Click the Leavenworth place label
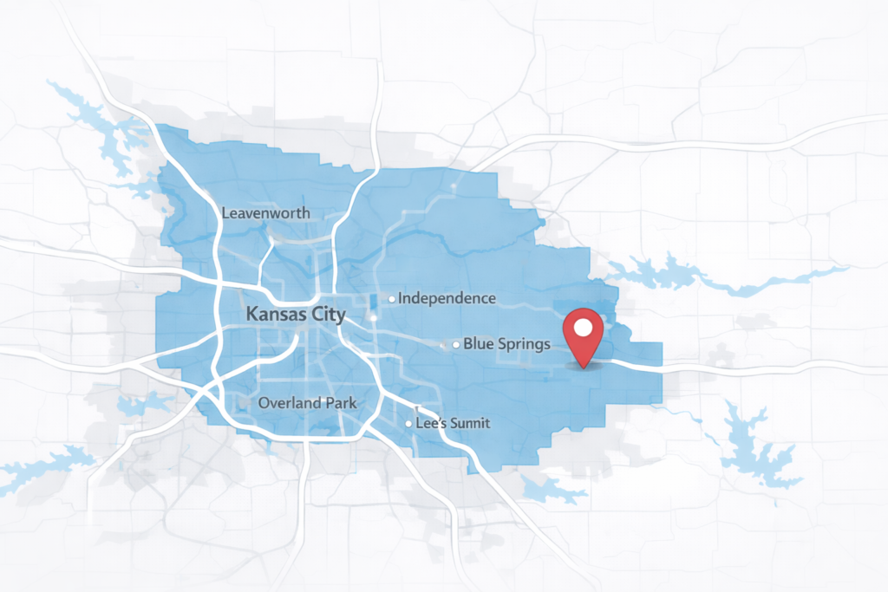click(265, 212)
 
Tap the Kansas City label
click(296, 315)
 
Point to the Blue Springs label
click(506, 344)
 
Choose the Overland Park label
click(307, 403)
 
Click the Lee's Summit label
click(453, 423)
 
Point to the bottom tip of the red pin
click(584, 366)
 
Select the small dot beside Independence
click(392, 298)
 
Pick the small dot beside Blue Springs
click(456, 345)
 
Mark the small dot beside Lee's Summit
click(408, 424)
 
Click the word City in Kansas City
click(327, 315)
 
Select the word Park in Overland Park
click(339, 403)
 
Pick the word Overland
click(289, 403)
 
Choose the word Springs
click(522, 345)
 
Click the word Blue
click(477, 344)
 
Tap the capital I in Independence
click(401, 298)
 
